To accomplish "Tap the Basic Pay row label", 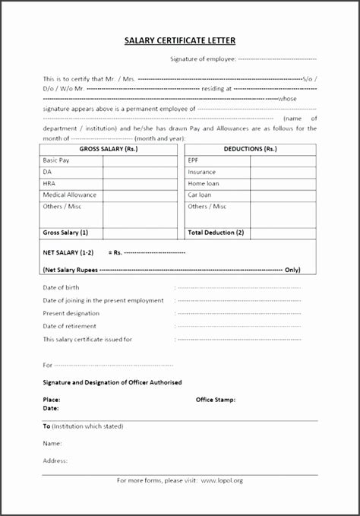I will pos(57,160).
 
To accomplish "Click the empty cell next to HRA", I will pos(141,183).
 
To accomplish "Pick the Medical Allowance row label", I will pos(70,195).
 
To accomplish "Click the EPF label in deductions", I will pos(194,160).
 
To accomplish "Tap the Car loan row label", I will pos(200,195).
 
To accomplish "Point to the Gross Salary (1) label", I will pos(65,231).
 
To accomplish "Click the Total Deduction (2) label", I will pos(216,231).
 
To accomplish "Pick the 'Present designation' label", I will pos(71,313).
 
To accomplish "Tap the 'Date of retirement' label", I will pos(69,325).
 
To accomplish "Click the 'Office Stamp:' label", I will pos(216,398).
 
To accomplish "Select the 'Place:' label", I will pos(51,398).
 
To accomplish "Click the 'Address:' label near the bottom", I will pos(55,460).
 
